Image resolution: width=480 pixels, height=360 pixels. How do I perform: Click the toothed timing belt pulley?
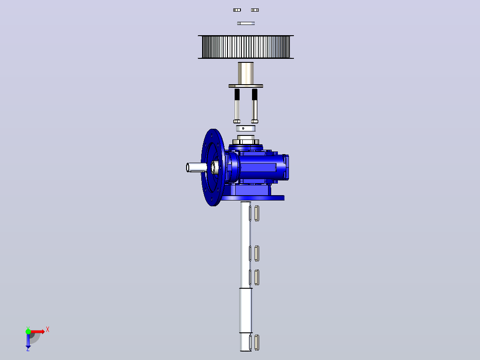246,47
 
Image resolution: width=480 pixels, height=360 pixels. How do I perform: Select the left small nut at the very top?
237,10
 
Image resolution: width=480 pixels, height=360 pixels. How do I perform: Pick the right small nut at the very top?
255,10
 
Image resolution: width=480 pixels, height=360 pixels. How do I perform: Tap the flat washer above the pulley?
246,23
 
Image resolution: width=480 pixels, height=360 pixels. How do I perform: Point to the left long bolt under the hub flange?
237,106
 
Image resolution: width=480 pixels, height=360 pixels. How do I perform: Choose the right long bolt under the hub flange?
255,106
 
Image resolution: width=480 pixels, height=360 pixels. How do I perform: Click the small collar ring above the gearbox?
246,128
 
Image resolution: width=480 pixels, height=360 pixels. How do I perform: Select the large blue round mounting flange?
213,168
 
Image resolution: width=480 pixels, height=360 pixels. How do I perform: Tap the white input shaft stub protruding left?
196,168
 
